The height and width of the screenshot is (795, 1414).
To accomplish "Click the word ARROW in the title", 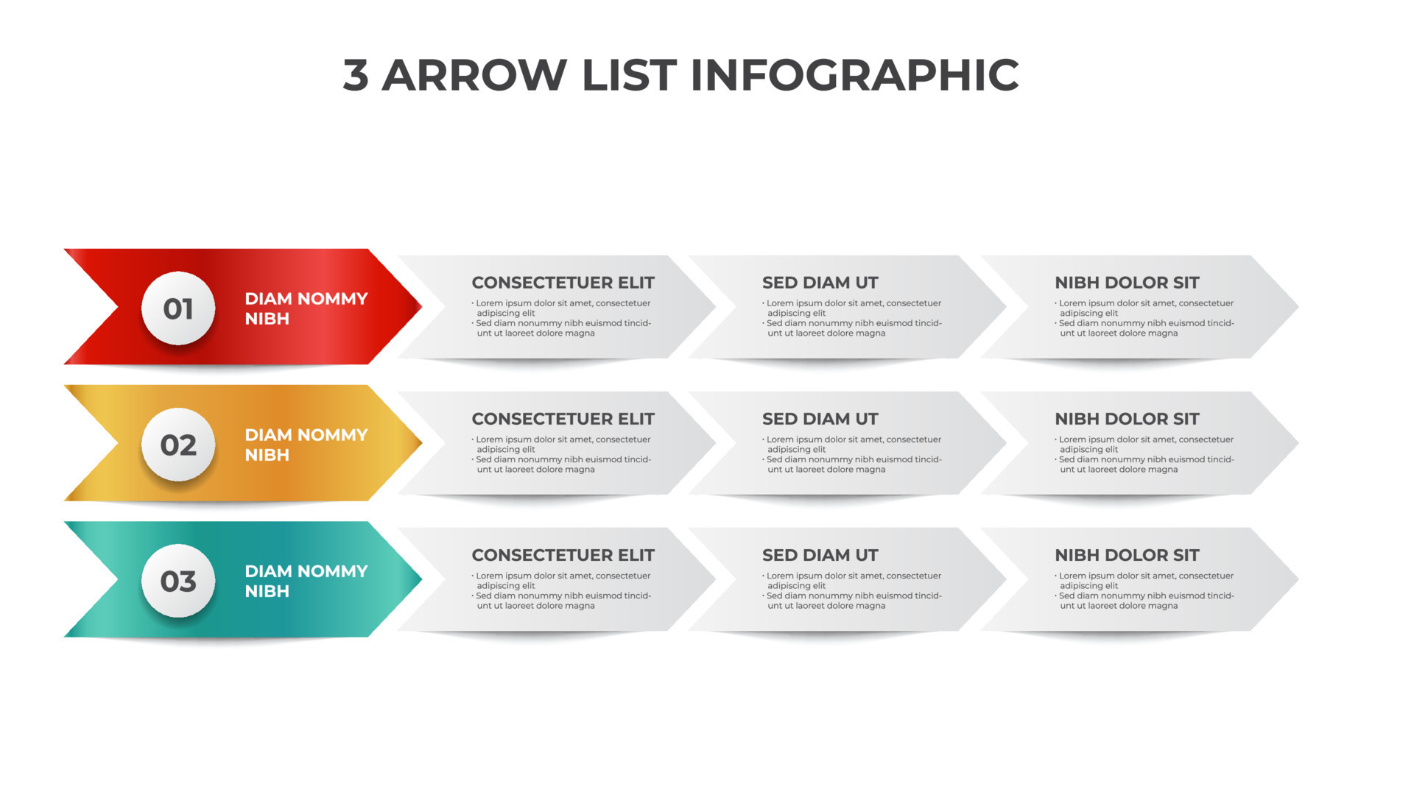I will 474,75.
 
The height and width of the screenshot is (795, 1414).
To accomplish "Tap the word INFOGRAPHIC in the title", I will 854,75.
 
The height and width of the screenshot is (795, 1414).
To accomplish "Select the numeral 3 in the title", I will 356,75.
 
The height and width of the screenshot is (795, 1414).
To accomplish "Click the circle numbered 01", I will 178,308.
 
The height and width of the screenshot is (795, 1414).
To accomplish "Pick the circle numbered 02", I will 178,445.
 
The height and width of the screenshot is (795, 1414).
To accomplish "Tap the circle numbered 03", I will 178,582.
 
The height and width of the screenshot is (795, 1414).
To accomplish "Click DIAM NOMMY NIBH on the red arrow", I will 306,308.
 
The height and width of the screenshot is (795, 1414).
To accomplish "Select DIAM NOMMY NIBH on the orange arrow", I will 306,445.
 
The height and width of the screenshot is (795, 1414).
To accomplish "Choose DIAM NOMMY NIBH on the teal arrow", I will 306,582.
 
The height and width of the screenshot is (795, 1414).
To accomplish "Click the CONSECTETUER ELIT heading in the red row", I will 563,283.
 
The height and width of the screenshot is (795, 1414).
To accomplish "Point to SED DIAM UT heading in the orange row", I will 820,419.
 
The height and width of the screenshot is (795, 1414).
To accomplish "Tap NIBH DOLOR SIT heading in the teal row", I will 1127,555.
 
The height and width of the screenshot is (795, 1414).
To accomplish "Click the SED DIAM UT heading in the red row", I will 820,283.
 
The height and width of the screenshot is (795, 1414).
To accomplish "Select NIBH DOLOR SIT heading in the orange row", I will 1127,419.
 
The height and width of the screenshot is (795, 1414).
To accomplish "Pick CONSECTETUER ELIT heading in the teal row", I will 563,555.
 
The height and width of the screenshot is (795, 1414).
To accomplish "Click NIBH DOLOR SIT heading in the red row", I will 1127,283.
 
